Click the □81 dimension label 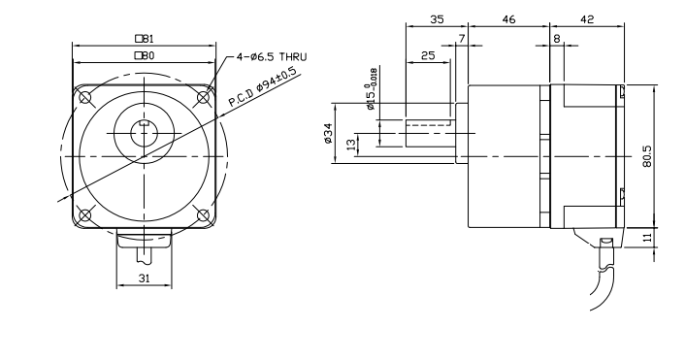(x=145, y=39)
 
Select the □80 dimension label (x=145, y=55)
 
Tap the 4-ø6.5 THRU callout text (x=272, y=57)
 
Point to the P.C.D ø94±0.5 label (x=263, y=87)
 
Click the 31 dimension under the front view (x=144, y=278)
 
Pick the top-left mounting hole (x=85, y=98)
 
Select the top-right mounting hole (x=203, y=98)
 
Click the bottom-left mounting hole (x=85, y=215)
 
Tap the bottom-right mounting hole (x=203, y=215)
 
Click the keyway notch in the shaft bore (x=144, y=123)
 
